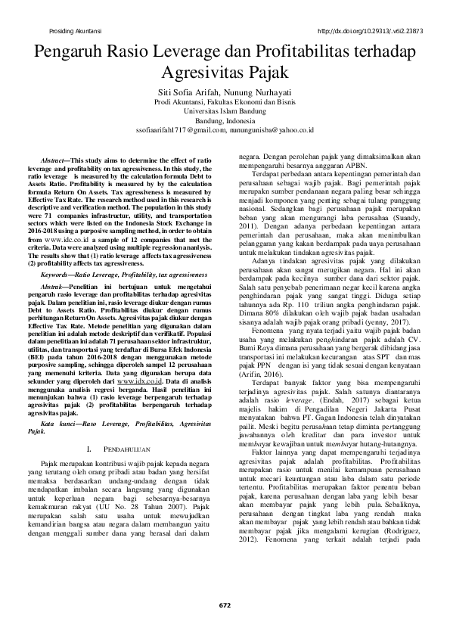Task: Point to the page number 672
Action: [x=225, y=604]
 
